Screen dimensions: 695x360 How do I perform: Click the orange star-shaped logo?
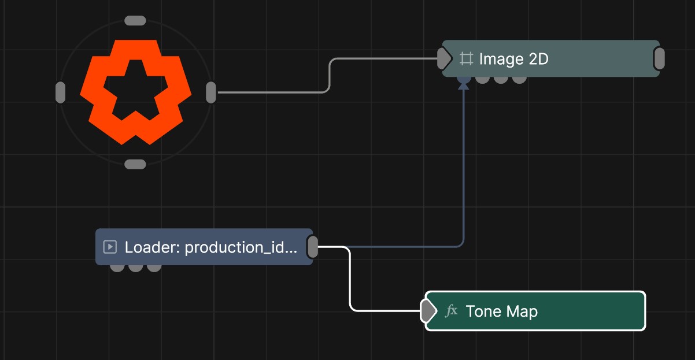(x=135, y=92)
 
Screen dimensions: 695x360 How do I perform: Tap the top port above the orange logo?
(x=135, y=20)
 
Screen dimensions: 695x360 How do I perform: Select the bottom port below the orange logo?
(x=135, y=164)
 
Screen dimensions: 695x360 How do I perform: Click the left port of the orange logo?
(x=61, y=92)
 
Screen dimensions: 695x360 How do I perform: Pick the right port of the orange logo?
(x=211, y=92)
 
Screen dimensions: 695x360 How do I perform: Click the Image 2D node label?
(x=514, y=59)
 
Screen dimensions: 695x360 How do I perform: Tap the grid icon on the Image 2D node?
(x=467, y=58)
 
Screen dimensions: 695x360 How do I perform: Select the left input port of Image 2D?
(x=444, y=58)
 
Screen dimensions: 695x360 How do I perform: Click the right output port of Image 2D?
(x=659, y=58)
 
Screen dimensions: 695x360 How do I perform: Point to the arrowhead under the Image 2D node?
(x=464, y=86)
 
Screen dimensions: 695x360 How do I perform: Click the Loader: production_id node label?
(x=211, y=247)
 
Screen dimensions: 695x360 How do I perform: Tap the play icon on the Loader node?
(x=110, y=247)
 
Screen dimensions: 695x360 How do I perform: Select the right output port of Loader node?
(x=313, y=247)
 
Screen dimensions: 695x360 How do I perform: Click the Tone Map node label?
(x=502, y=311)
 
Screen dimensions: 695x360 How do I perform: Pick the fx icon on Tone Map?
(x=452, y=311)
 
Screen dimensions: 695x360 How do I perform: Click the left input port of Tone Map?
(x=428, y=311)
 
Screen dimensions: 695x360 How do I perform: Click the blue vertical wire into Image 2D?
(x=464, y=164)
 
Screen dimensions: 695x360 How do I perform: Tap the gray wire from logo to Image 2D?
(x=329, y=75)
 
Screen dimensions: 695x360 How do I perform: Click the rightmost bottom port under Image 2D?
(x=519, y=80)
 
